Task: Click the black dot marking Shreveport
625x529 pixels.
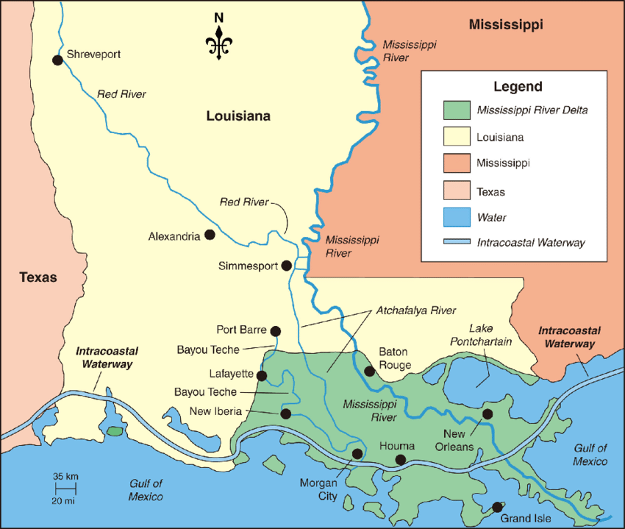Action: [57, 60]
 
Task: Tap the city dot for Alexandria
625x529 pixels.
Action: [210, 235]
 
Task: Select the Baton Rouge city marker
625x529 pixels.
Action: [370, 372]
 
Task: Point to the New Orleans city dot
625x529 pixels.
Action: [487, 413]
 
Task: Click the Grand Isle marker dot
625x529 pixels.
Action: [497, 507]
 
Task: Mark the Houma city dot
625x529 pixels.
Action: [400, 460]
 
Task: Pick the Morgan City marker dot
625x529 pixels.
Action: [357, 453]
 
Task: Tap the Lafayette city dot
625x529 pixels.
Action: [262, 375]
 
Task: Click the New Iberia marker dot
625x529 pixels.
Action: [286, 414]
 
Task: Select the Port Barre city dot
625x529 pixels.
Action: [276, 331]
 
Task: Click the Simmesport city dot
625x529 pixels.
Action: [287, 266]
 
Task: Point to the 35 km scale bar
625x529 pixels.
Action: [65, 488]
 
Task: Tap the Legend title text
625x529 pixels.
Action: [518, 86]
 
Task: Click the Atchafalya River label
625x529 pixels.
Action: [416, 310]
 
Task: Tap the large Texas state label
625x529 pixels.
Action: [38, 277]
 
